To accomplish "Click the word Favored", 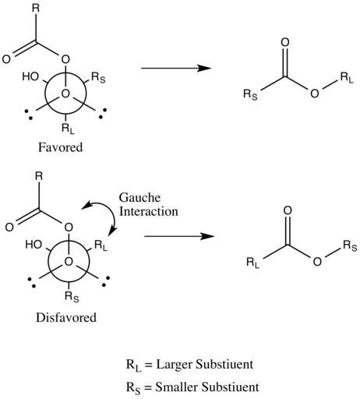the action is click(x=61, y=147).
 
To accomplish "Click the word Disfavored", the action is click(x=66, y=317).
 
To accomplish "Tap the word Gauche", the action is click(x=139, y=198).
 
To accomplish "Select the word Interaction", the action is click(x=149, y=211).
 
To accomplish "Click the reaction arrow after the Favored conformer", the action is click(x=176, y=69).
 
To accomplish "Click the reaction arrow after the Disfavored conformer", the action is click(x=179, y=236).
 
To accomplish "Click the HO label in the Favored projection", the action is click(x=30, y=76).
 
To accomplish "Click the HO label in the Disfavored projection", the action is click(x=34, y=245).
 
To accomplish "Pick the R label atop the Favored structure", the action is click(x=36, y=9).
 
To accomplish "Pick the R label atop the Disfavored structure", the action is click(x=39, y=176).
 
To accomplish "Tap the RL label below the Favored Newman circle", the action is click(x=68, y=129).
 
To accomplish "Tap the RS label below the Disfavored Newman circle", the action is click(x=72, y=297).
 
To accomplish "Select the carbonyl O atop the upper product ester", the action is click(x=285, y=43).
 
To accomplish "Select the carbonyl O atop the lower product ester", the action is click(x=288, y=210).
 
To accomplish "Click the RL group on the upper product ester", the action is click(x=347, y=78).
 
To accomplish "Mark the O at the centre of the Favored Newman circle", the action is click(x=65, y=94).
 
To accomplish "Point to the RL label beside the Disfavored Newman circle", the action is click(x=101, y=245).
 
